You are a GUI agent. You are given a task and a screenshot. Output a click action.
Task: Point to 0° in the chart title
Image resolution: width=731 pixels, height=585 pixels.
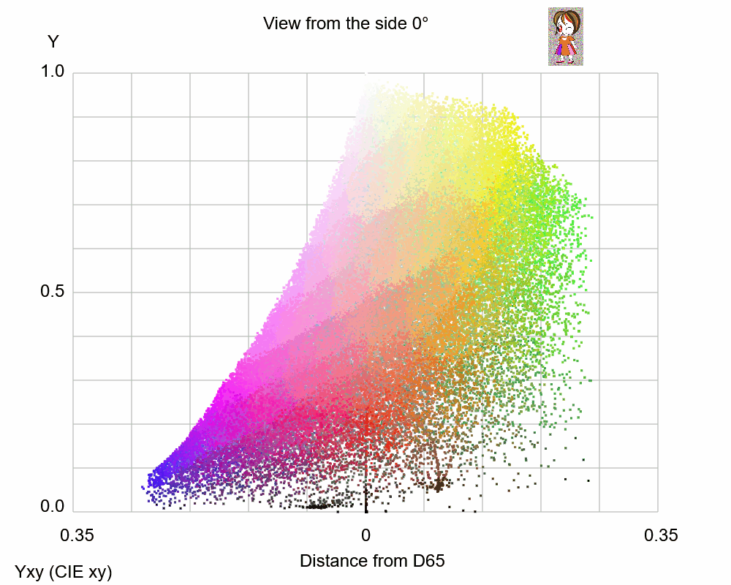coord(420,23)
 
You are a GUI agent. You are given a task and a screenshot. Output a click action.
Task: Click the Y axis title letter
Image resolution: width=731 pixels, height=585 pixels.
coord(53,42)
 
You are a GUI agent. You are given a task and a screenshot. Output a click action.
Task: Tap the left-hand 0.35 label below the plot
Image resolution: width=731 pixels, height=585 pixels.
coord(77,535)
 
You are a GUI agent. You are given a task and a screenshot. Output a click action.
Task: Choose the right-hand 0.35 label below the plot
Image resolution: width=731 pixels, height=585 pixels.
coord(661,535)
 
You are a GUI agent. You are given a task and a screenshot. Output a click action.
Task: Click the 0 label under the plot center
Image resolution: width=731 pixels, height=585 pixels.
coord(365,535)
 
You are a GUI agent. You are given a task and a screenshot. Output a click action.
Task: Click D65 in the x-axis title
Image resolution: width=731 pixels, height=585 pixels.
coord(428,562)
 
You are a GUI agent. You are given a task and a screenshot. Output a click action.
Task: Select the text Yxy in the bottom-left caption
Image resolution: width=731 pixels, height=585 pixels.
coord(30,573)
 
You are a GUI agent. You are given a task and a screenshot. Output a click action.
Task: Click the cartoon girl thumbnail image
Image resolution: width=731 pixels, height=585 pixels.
coord(565,37)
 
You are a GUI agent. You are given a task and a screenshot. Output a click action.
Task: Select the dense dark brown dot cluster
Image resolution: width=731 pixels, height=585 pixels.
coord(439,483)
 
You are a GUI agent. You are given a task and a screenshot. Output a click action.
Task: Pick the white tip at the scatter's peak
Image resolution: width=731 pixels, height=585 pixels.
coord(366,79)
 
